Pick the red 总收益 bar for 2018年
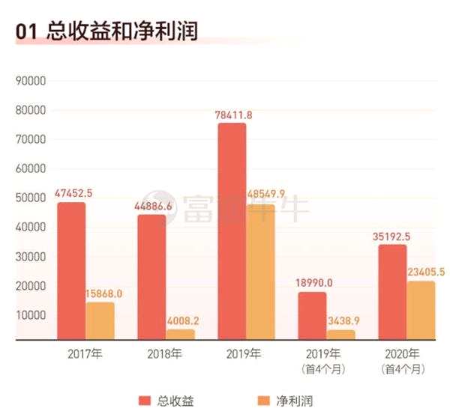151,277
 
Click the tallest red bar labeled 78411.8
232,231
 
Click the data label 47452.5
73,192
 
